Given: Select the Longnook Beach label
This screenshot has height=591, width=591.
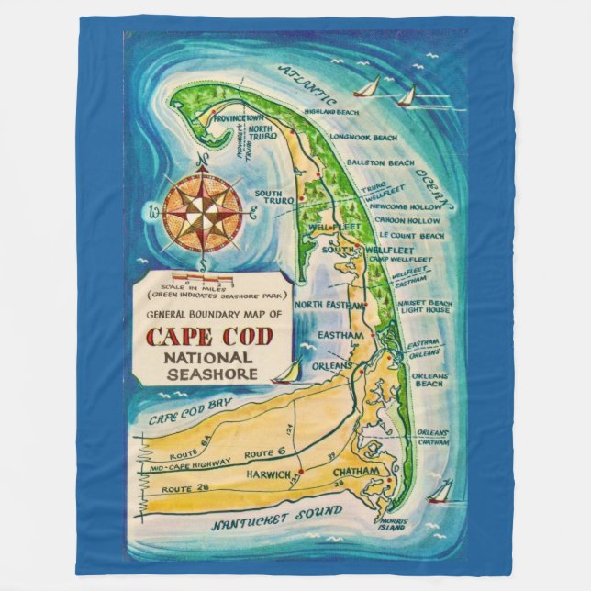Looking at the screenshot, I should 363,138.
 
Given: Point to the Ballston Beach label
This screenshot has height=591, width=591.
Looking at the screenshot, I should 381,162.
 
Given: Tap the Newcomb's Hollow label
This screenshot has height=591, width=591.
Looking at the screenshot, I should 401,207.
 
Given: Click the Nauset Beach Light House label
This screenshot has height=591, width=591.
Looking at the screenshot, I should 425,307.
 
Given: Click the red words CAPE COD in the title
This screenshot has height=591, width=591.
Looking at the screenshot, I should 210,337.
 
